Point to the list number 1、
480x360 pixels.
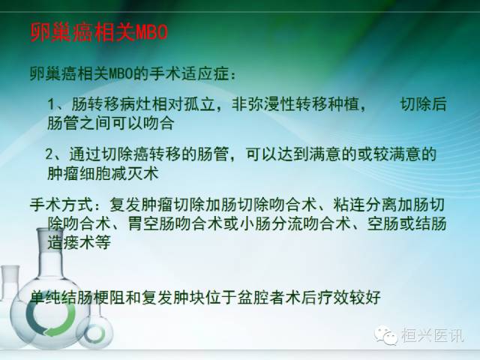pyautogui.click(x=54, y=104)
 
